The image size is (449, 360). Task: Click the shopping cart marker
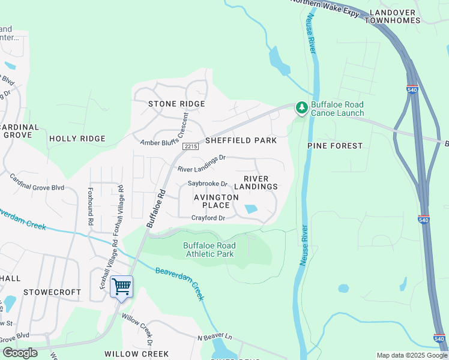122,286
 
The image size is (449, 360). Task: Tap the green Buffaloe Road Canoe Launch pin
301,108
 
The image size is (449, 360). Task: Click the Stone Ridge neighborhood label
176,104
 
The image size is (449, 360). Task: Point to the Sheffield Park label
241,140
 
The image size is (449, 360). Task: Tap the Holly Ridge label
77,139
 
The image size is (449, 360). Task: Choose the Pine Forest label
335,146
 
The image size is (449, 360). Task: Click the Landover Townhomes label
400,16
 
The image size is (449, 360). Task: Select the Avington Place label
211,201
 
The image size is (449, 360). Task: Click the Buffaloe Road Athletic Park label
209,250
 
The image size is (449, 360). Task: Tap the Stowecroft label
52,292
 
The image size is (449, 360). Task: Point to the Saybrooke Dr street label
207,184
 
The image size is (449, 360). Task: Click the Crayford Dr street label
208,218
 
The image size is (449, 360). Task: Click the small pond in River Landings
250,209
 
